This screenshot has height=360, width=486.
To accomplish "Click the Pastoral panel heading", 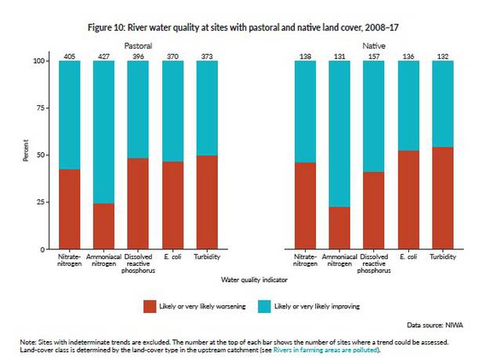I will click(x=139, y=46).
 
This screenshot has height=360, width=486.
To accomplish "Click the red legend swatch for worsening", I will click(x=150, y=305).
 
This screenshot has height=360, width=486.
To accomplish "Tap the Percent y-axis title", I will click(x=26, y=153).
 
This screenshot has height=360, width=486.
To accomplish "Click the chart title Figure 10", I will click(x=242, y=26).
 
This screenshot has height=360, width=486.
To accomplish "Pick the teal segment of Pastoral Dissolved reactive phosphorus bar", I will click(x=139, y=109).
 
